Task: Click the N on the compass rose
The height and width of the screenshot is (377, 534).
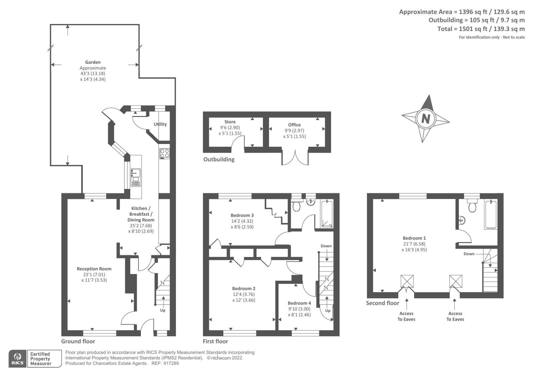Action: point(426,118)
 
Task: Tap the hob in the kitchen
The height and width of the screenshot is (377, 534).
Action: point(165,153)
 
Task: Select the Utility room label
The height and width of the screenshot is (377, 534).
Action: point(160,124)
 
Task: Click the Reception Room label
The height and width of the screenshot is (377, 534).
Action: point(94,269)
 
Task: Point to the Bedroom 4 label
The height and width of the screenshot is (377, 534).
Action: point(299,303)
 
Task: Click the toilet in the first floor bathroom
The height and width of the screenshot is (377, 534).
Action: point(296,206)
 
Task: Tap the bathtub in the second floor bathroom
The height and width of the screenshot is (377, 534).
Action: point(491,214)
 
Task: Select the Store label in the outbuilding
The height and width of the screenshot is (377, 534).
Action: point(230,122)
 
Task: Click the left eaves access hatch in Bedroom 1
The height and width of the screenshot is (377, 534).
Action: point(407,281)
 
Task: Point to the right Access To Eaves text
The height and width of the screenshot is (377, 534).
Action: point(455,316)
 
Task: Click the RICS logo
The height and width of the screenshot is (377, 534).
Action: point(17,359)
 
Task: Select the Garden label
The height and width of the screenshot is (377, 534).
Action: point(93,62)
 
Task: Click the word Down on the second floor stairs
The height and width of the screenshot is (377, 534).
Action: point(469,254)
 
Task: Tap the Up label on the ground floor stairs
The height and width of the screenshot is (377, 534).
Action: point(163,310)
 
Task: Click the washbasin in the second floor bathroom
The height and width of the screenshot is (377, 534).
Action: point(462,220)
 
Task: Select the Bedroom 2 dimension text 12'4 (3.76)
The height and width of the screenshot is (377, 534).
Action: point(244,294)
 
